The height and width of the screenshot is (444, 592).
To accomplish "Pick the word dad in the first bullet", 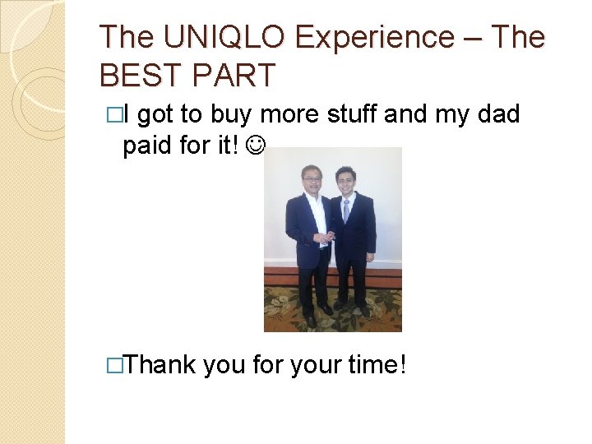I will point(497,114).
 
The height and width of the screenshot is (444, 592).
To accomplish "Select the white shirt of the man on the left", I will point(316,215).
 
